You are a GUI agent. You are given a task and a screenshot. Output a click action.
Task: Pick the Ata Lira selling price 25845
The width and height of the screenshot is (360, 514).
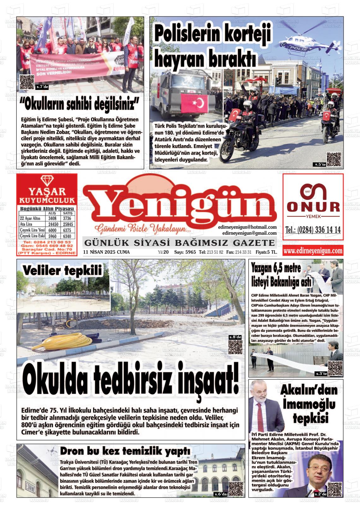pyautogui.click(x=68, y=224)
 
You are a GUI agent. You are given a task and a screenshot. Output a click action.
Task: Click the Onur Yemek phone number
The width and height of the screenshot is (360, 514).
pyautogui.click(x=313, y=230)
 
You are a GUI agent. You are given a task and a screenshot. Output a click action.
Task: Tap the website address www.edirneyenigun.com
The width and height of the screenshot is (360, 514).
pyautogui.click(x=313, y=251)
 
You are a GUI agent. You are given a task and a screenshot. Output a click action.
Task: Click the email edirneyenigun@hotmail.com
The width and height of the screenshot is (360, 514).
pyautogui.click(x=247, y=227)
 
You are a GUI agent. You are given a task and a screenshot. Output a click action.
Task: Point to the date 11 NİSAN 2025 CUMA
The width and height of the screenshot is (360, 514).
pyautogui.click(x=106, y=252)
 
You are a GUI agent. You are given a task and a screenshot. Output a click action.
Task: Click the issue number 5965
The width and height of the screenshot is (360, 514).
pyautogui.click(x=190, y=252)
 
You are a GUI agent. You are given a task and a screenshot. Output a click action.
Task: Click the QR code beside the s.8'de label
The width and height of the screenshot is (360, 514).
pyautogui.click(x=235, y=347)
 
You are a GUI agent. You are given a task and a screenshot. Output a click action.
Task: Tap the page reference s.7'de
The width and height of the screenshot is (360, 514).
pyautogui.click(x=42, y=87)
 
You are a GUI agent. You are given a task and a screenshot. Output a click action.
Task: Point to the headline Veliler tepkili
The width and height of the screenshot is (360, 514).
pyautogui.click(x=62, y=271)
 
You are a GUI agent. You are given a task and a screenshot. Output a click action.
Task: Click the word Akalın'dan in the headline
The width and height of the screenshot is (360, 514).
pyautogui.click(x=309, y=390)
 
